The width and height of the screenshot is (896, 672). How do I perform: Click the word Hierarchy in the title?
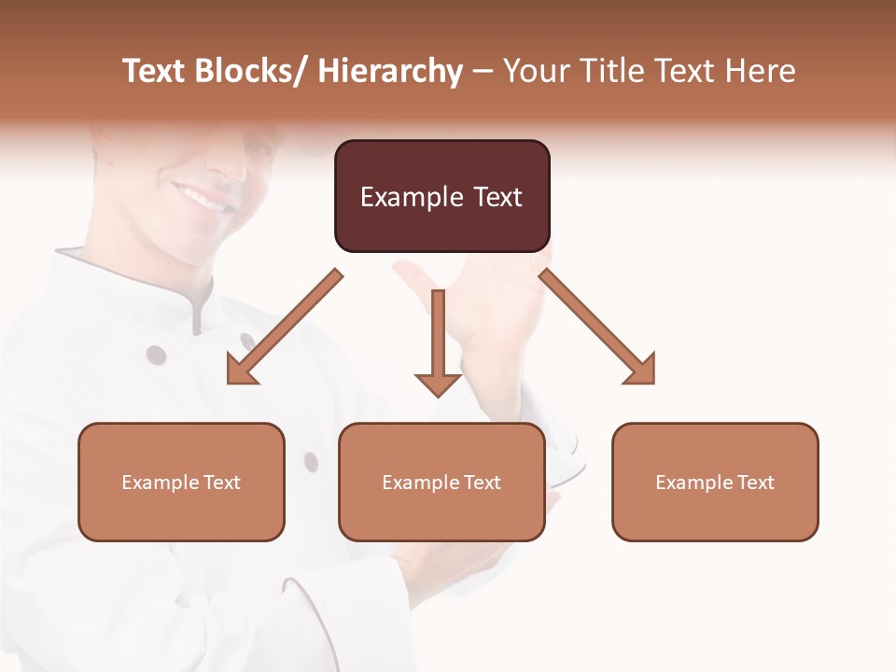(390, 71)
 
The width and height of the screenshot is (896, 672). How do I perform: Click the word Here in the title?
(763, 71)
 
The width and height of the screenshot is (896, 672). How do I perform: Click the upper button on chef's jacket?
(156, 355)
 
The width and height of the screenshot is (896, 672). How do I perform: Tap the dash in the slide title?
(483, 71)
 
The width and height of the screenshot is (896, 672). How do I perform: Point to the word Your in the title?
(536, 71)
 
